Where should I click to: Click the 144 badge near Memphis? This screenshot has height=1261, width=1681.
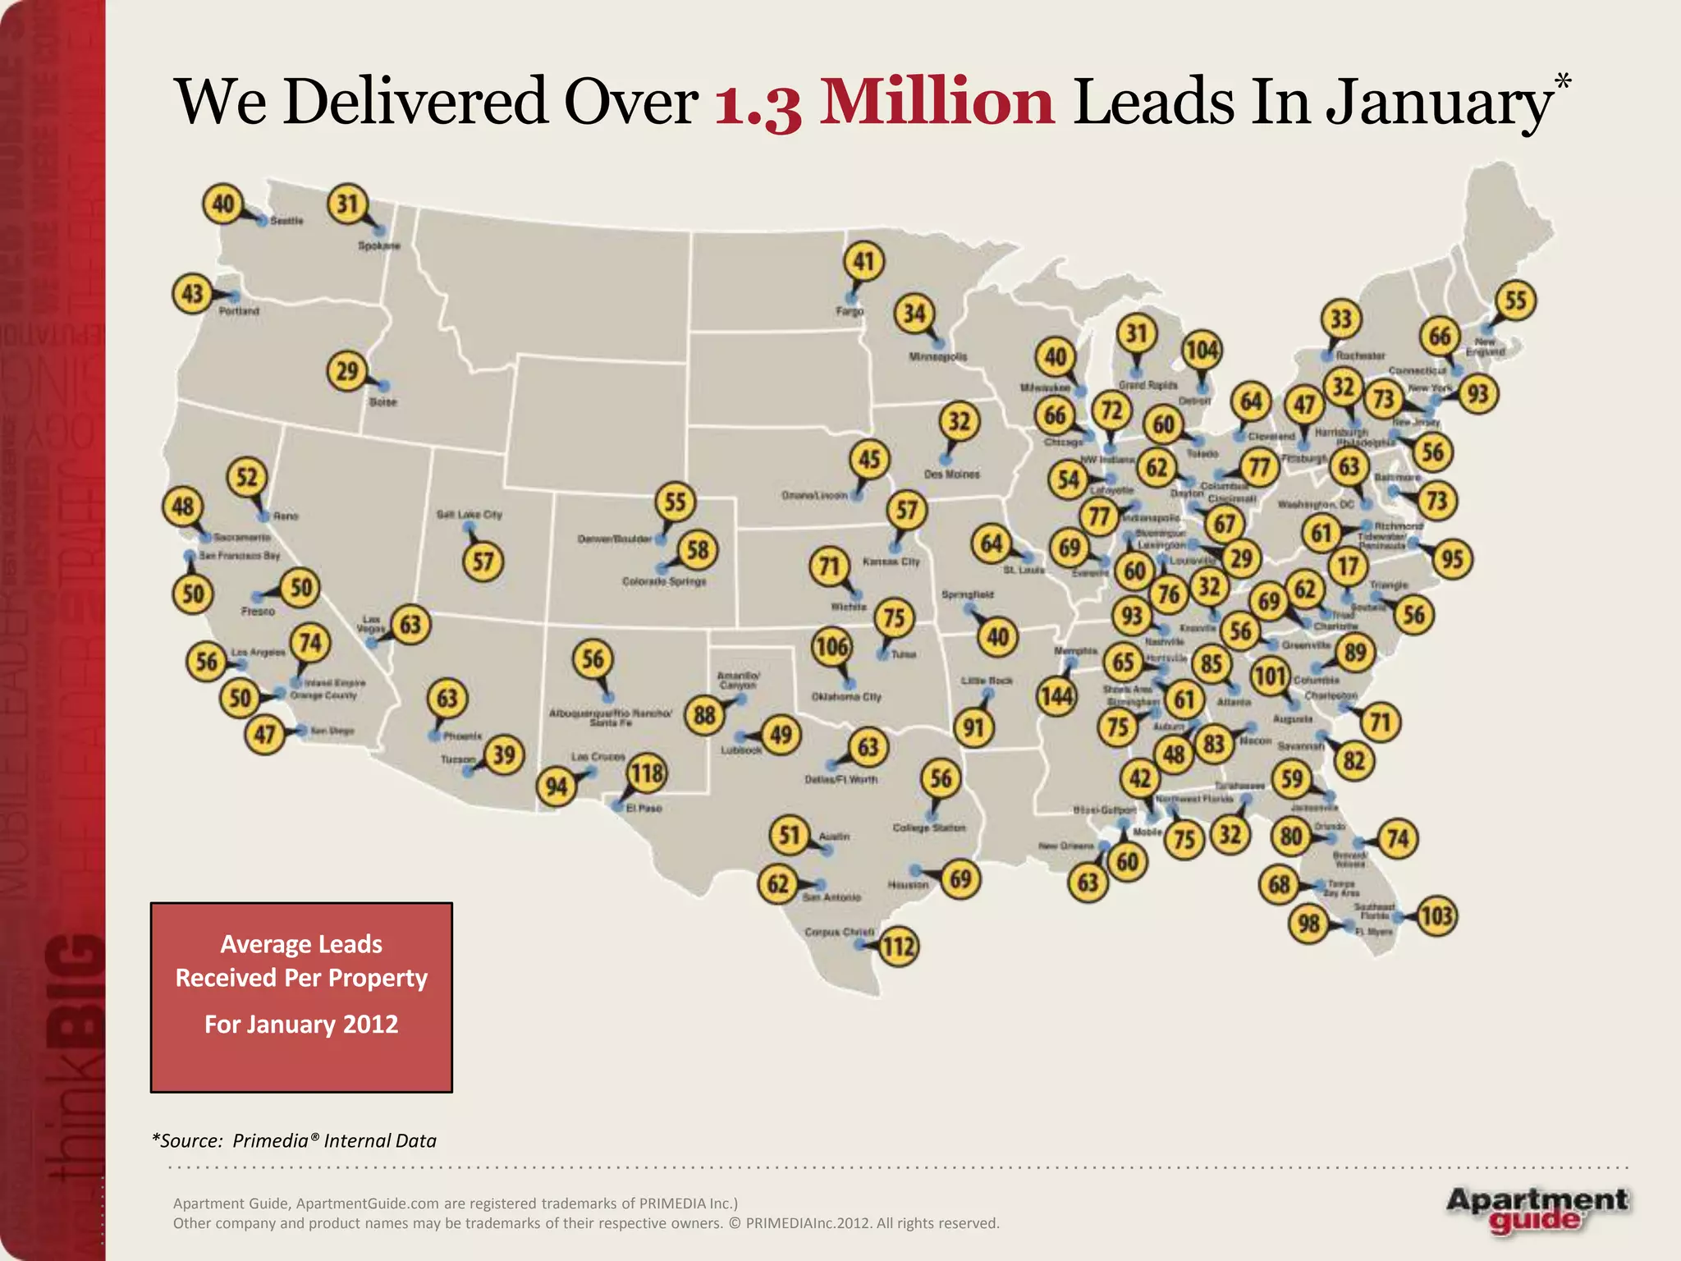point(1056,697)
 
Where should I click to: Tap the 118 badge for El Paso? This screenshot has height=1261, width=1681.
point(647,773)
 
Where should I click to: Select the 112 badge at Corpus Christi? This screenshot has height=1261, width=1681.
point(898,947)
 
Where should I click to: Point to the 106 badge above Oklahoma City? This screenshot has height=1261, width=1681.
point(831,647)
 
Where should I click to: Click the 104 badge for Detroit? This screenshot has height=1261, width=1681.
point(1202,351)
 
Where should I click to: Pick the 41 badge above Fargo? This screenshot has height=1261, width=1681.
point(863,261)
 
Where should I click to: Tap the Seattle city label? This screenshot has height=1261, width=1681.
point(286,221)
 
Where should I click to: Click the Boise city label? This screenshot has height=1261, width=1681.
point(382,402)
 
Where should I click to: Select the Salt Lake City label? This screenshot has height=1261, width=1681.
point(469,515)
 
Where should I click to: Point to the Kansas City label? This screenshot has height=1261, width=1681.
point(891,562)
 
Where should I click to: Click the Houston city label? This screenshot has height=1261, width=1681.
point(908,885)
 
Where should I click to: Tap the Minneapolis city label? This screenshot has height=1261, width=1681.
point(937,357)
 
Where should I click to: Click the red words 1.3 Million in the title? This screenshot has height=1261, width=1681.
point(884,103)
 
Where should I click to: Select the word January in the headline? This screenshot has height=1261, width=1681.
point(1438,103)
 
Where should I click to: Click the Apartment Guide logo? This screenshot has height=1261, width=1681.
point(1537,1209)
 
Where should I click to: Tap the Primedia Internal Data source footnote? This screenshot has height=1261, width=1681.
point(294,1140)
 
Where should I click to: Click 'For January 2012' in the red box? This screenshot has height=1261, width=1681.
point(301,1025)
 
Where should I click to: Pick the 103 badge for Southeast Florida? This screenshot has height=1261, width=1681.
point(1436,915)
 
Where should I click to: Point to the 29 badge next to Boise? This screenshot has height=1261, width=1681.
point(347,372)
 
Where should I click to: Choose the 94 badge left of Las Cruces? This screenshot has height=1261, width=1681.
point(557,786)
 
